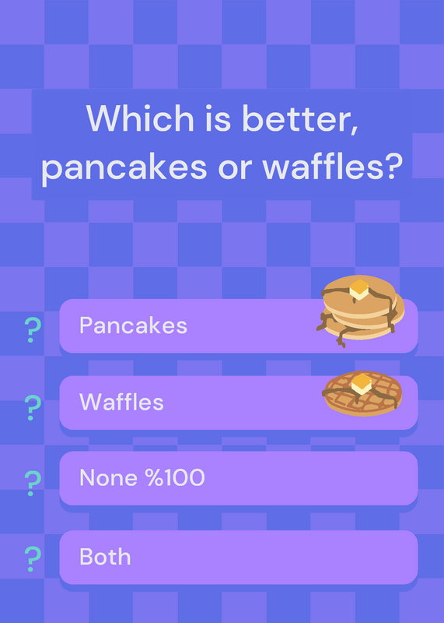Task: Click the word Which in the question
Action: coord(140,118)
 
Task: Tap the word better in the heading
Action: coord(300,119)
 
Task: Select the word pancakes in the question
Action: coord(124,167)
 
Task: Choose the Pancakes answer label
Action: coord(133,326)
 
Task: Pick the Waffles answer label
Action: coord(121,402)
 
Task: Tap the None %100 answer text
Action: coord(142,477)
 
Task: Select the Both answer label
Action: coord(105,557)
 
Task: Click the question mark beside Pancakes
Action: coord(32,329)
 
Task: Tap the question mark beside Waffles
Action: coord(32,407)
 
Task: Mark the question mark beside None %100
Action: coord(32,483)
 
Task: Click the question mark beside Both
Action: coord(32,559)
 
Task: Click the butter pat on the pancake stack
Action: coord(359,289)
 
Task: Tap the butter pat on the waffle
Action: coord(362,383)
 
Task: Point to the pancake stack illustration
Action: coord(360,311)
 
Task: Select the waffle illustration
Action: coord(362,393)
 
